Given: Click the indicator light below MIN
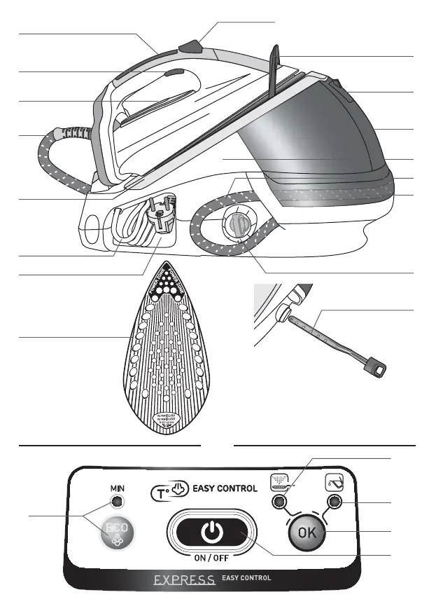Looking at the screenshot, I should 116,502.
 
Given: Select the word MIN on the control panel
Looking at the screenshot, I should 116,486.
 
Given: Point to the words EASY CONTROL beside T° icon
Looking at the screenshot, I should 225,488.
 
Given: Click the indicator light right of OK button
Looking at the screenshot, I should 334,502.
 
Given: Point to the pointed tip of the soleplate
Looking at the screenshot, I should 168,271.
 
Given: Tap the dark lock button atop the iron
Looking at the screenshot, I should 190,48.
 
